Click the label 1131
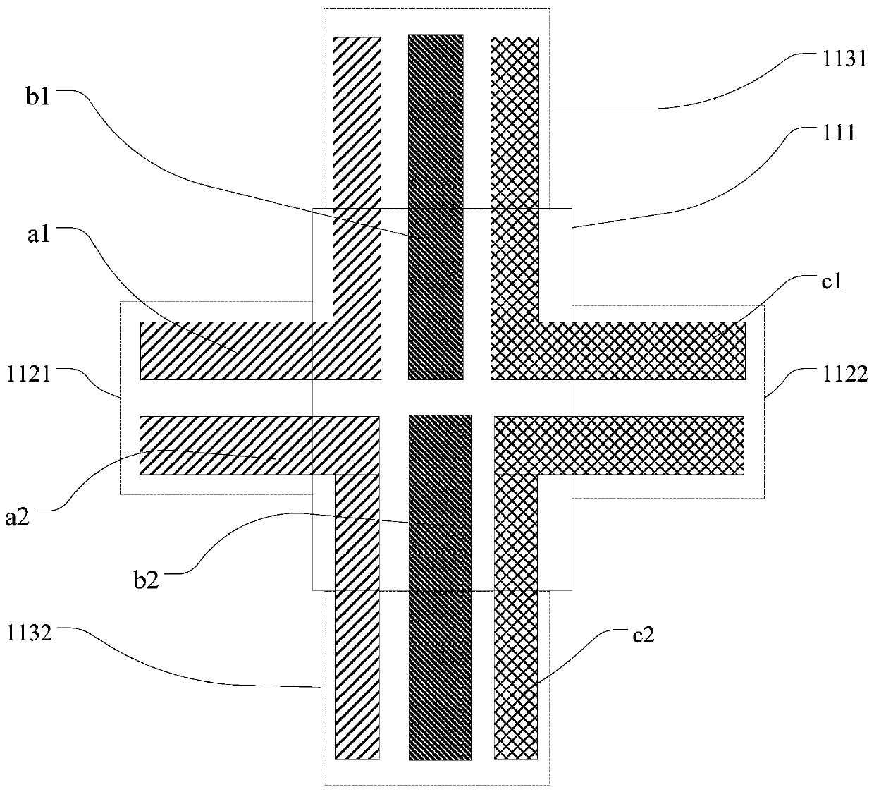pyautogui.click(x=842, y=59)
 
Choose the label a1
pyautogui.click(x=39, y=234)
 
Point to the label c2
pyautogui.click(x=643, y=635)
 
